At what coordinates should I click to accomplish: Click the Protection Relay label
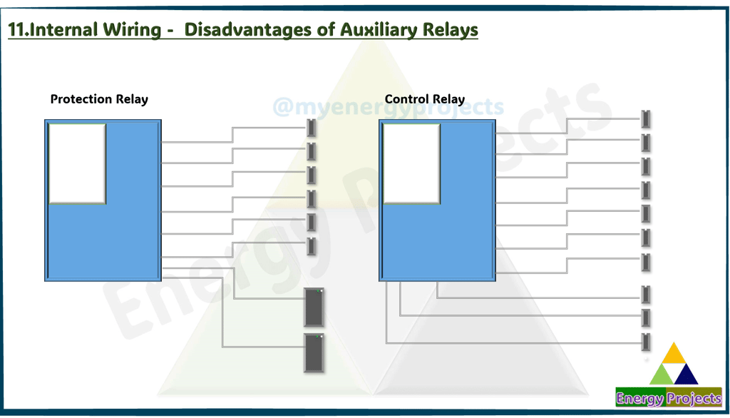(99, 99)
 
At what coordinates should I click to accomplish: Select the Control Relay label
(424, 99)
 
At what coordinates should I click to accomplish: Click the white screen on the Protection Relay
(77, 163)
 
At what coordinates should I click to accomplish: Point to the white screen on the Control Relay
(411, 163)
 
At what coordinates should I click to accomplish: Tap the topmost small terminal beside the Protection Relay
(312, 128)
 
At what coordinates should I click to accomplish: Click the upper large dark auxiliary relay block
(314, 307)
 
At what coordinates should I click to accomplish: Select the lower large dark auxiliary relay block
(314, 352)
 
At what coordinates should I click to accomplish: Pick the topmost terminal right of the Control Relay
(646, 118)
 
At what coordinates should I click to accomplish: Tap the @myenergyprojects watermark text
(388, 108)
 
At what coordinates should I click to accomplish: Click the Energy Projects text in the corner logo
(669, 399)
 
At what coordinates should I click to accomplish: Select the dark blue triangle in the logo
(686, 374)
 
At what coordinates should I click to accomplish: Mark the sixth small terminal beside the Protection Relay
(312, 246)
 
